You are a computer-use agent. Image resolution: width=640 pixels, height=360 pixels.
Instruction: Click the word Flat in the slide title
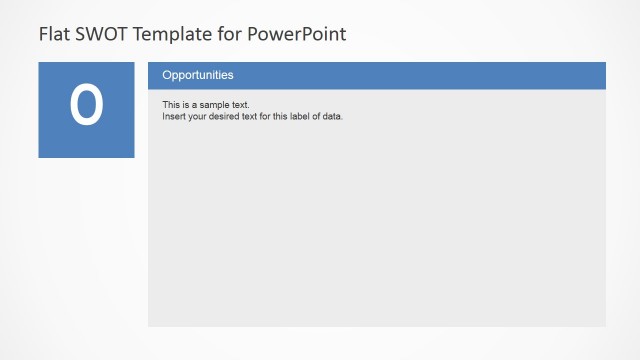pyautogui.click(x=53, y=34)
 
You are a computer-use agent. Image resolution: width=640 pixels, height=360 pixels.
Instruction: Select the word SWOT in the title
pyautogui.click(x=96, y=34)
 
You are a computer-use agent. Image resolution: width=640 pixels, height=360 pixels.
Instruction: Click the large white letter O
pyautogui.click(x=86, y=106)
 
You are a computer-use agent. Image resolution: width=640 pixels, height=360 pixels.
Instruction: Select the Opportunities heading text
pyautogui.click(x=198, y=75)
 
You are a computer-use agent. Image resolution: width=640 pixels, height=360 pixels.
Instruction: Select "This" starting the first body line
pyautogui.click(x=171, y=105)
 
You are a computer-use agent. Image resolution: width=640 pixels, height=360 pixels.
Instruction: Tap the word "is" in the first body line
pyautogui.click(x=186, y=105)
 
